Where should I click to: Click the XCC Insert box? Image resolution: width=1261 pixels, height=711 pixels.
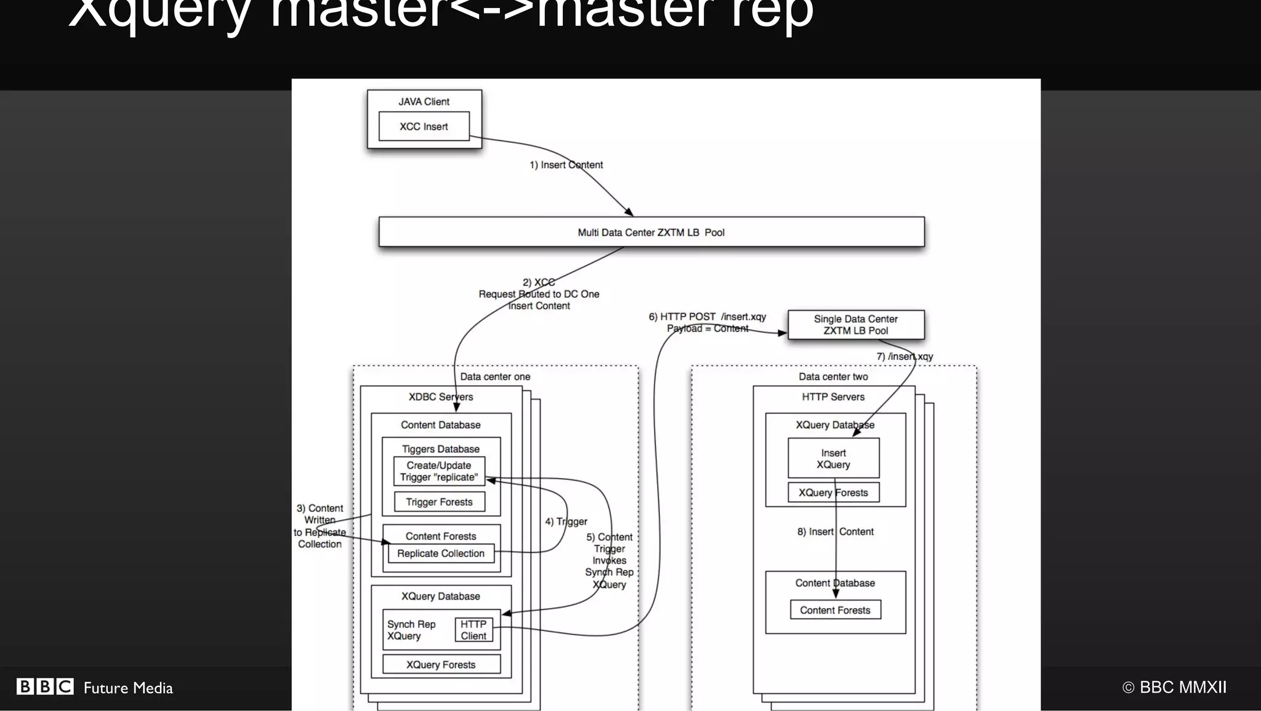(424, 126)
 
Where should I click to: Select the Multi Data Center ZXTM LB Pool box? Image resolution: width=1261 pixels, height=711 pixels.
(651, 232)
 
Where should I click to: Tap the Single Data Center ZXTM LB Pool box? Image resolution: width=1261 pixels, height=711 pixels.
(855, 325)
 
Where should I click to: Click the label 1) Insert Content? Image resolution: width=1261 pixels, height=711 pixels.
(566, 165)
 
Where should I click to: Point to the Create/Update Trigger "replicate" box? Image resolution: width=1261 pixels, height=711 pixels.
(438, 471)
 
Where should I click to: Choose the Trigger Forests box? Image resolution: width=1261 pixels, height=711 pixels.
(438, 502)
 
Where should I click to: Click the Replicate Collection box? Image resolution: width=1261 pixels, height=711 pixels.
(440, 553)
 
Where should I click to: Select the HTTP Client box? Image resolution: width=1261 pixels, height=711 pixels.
(473, 630)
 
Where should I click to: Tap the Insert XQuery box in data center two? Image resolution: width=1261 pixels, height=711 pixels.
(833, 458)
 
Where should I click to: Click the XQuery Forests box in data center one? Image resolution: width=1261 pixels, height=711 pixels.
(441, 665)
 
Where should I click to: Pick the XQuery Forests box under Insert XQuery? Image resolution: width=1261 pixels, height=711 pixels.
(833, 493)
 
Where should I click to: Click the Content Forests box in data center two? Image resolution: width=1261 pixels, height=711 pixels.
(835, 610)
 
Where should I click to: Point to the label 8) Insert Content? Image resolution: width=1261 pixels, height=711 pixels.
(835, 531)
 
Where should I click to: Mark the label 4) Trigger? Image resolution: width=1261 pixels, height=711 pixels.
(566, 521)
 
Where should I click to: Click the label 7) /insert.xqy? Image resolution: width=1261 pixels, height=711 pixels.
(904, 356)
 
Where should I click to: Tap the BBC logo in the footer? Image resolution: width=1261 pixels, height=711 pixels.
(45, 687)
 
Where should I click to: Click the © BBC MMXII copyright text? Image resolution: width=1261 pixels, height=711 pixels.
(1174, 687)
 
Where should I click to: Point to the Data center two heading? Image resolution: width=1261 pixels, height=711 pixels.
(833, 376)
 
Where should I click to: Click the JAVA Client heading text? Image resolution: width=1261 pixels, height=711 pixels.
(424, 102)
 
